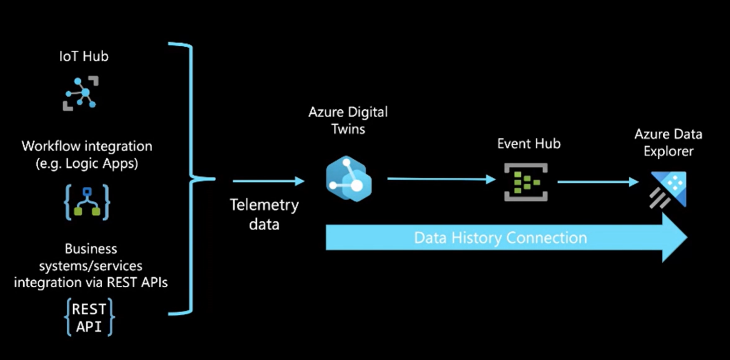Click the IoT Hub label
coord(84,56)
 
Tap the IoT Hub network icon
coord(81,93)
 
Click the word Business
coord(91,248)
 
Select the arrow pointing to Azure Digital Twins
coord(268,181)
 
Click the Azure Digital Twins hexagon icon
coord(348,179)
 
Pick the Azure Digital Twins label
coord(348,120)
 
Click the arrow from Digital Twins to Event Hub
coord(441,179)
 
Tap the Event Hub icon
coord(526,182)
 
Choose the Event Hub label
coord(528,143)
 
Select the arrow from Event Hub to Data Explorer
coord(598,182)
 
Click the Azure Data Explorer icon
coord(668,189)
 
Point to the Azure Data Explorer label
coord(668,143)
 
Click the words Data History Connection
coord(500,238)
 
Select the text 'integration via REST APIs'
coord(91,282)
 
